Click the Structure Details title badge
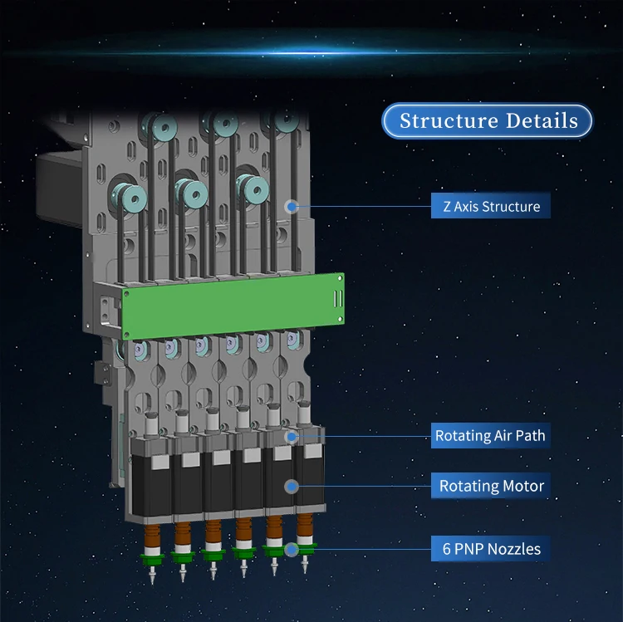click(488, 121)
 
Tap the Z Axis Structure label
click(491, 206)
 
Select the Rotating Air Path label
click(490, 435)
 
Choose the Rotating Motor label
click(491, 486)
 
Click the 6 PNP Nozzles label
click(489, 548)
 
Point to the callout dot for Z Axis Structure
click(291, 206)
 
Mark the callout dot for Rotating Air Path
click(291, 435)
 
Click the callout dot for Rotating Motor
click(291, 486)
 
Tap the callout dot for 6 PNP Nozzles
click(291, 548)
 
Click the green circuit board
click(233, 304)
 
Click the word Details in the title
click(532, 121)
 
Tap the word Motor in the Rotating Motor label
click(522, 486)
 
